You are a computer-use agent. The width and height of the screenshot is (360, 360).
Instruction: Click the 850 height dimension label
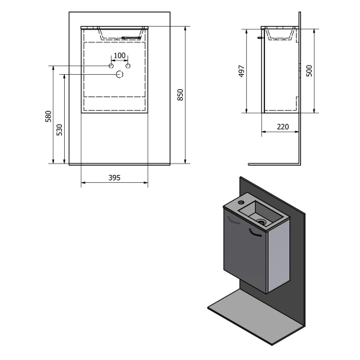[181, 95]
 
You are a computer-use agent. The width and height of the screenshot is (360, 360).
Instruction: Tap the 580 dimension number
[48, 116]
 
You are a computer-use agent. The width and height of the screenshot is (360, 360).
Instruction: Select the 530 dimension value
[59, 130]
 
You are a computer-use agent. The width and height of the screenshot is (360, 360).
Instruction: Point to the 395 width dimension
[114, 178]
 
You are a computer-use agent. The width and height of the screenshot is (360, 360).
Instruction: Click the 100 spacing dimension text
[120, 55]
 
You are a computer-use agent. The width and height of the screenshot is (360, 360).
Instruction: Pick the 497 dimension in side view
[241, 71]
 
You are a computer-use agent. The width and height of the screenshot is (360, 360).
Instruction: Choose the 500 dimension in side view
[310, 71]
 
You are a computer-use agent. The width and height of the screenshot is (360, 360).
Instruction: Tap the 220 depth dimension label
[283, 127]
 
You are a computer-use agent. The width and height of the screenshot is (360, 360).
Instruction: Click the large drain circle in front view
[120, 75]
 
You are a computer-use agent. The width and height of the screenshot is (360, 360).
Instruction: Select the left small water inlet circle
[111, 66]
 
